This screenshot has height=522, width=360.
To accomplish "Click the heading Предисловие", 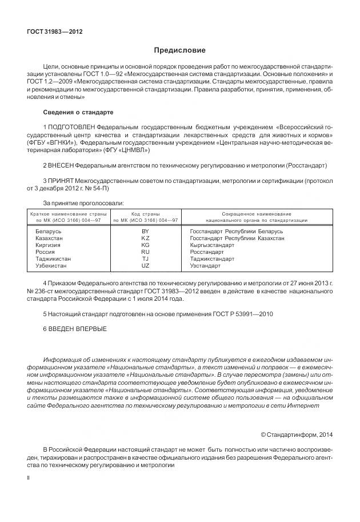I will pyautogui.click(x=179, y=50).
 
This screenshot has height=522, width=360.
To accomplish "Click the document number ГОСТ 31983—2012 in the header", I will pyautogui.click(x=55, y=31).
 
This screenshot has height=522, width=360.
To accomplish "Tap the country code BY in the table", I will pyautogui.click(x=145, y=231).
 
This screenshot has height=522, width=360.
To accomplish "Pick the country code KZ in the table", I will pyautogui.click(x=145, y=237).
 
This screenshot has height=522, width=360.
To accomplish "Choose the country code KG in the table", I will pyautogui.click(x=145, y=244).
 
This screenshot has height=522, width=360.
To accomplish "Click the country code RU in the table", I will pyautogui.click(x=145, y=251).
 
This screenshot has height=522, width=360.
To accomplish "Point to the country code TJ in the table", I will pyautogui.click(x=145, y=258).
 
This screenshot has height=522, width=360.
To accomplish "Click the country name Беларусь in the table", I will pyautogui.click(x=49, y=231).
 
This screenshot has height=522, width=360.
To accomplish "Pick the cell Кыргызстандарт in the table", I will pyautogui.click(x=212, y=244).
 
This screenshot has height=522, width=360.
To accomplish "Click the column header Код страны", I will pyautogui.click(x=145, y=213).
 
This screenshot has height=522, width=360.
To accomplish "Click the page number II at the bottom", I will pyautogui.click(x=29, y=476).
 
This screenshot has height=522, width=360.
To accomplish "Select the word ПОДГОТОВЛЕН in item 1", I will pyautogui.click(x=71, y=126).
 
